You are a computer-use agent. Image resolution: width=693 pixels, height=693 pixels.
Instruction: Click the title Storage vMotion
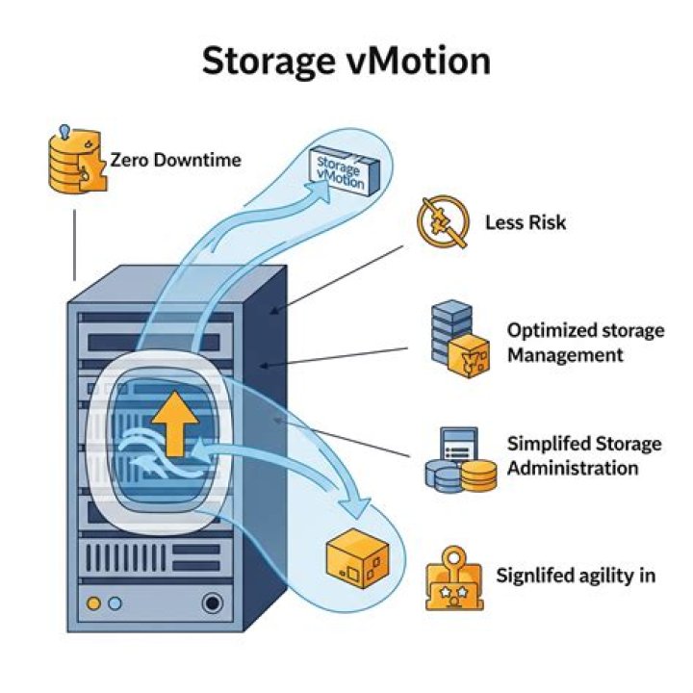(x=346, y=62)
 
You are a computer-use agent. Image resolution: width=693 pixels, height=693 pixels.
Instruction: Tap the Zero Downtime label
(x=175, y=160)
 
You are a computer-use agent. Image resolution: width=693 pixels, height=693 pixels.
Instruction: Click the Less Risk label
(x=526, y=222)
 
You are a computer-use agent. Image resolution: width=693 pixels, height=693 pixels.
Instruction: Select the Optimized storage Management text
(x=585, y=343)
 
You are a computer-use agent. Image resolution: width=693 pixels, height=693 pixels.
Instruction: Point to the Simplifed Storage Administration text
(x=584, y=455)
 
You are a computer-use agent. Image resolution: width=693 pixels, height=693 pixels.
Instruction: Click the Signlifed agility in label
(x=576, y=576)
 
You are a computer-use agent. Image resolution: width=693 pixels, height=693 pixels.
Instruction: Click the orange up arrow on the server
(x=170, y=423)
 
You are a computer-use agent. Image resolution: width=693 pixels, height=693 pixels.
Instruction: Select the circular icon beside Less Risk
(x=442, y=223)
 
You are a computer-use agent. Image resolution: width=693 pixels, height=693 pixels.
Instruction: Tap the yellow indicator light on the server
(x=94, y=603)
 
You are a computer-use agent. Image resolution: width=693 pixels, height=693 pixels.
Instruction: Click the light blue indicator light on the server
(x=115, y=603)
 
